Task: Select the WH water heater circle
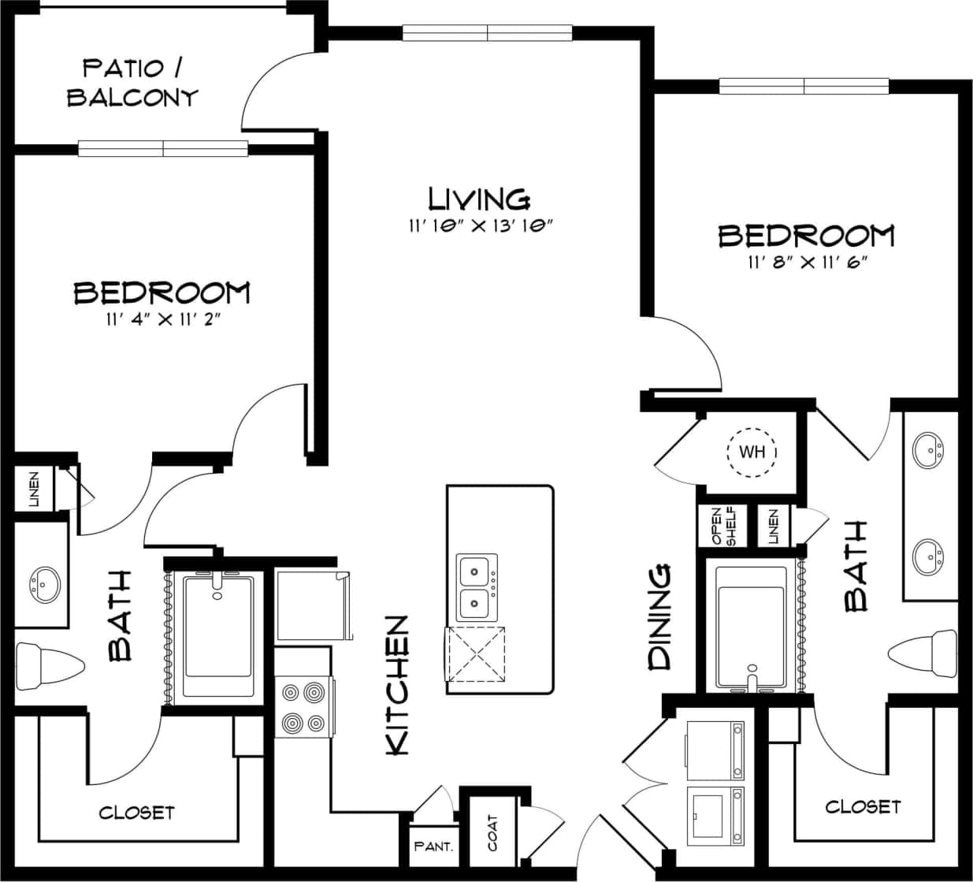click(752, 452)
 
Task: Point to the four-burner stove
click(303, 707)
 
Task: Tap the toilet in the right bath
click(923, 653)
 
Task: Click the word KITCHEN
click(398, 685)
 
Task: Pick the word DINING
click(660, 617)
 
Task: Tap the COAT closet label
click(493, 832)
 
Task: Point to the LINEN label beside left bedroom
click(34, 489)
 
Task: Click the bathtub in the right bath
click(751, 627)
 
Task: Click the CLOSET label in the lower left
click(137, 812)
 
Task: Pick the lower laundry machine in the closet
click(715, 815)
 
